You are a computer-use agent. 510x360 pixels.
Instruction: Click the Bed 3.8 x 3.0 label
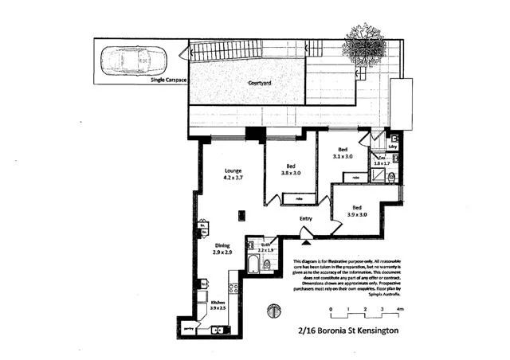pyautogui.click(x=291, y=170)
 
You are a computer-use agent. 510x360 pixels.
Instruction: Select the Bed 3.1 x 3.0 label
pyautogui.click(x=343, y=154)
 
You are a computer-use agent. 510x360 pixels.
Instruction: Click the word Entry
pyautogui.click(x=305, y=219)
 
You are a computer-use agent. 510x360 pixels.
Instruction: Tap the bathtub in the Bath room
pyautogui.click(x=253, y=264)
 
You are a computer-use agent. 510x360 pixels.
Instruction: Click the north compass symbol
pyautogui.click(x=273, y=310)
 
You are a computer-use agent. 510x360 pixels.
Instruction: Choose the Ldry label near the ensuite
pyautogui.click(x=392, y=147)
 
